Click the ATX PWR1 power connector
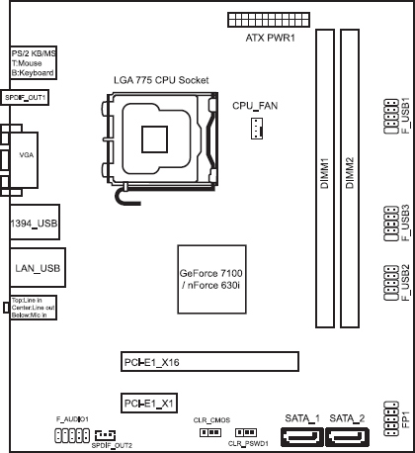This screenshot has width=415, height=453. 269,20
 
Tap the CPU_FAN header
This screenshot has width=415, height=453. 257,128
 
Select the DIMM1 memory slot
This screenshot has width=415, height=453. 325,178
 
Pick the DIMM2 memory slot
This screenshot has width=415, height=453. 350,178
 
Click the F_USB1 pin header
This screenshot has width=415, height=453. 391,117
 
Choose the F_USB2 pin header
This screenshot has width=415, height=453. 391,283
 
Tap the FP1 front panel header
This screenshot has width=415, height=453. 391,418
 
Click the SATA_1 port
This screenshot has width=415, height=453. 302,437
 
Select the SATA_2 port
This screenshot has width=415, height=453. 347,437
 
